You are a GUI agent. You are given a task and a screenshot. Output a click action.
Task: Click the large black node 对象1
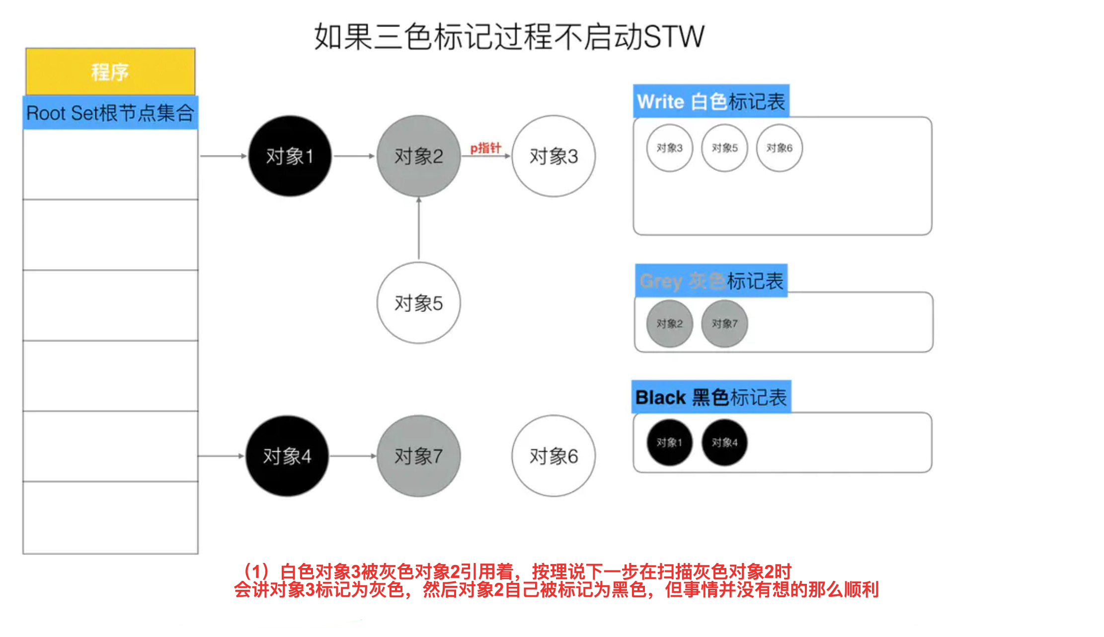[290, 156]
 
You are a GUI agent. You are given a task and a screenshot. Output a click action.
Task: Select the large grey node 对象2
[418, 156]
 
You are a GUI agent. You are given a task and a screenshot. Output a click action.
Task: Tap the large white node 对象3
[553, 156]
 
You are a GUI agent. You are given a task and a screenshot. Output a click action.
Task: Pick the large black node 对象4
[287, 456]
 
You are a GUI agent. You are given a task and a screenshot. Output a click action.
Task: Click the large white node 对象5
[418, 303]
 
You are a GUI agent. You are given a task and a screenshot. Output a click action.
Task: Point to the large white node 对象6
[553, 456]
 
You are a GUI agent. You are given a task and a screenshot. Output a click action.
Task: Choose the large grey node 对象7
[418, 456]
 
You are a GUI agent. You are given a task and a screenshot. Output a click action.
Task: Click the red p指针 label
[485, 148]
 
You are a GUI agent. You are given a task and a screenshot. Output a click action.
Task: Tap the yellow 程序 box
[110, 72]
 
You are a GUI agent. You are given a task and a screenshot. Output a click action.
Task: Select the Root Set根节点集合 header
[110, 113]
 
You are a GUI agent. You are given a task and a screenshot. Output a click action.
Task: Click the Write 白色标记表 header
[711, 101]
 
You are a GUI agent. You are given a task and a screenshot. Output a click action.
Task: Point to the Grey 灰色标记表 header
[711, 281]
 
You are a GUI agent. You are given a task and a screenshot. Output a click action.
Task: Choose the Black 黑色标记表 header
[711, 397]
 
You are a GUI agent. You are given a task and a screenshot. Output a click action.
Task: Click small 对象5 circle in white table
[724, 148]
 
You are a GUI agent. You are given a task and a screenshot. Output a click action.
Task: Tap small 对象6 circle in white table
[779, 148]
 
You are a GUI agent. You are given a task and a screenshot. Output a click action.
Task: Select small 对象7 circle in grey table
[724, 323]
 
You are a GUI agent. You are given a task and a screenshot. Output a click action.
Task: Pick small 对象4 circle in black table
[724, 442]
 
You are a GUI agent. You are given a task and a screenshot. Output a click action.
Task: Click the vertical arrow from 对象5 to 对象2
[419, 229]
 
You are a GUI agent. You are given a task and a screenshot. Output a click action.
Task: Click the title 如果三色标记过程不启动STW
[509, 36]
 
